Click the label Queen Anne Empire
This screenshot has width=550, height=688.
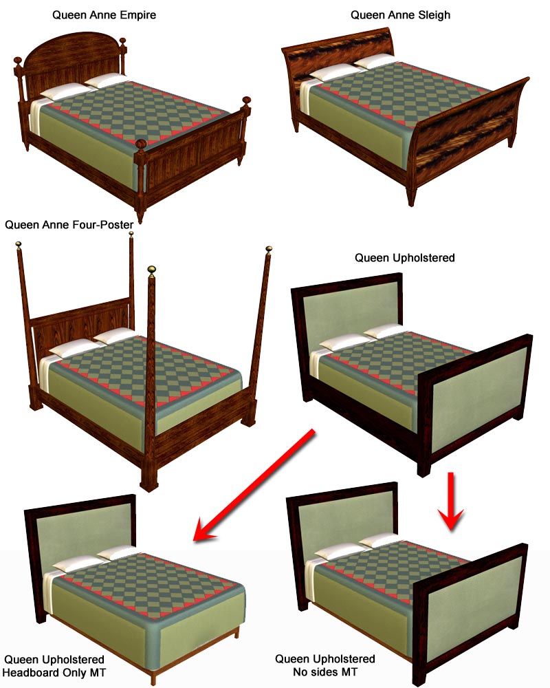click(x=104, y=15)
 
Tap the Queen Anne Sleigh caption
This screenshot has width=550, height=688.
click(x=400, y=15)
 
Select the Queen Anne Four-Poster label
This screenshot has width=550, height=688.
click(x=69, y=225)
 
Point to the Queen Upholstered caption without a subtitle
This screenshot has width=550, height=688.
click(x=404, y=257)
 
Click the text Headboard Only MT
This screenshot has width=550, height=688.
click(x=54, y=672)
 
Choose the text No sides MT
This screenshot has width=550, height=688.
click(x=325, y=671)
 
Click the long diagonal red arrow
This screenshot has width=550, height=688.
click(x=254, y=486)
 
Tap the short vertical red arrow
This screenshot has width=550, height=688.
click(x=450, y=501)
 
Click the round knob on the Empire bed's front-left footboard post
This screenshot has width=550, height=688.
click(x=141, y=144)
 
